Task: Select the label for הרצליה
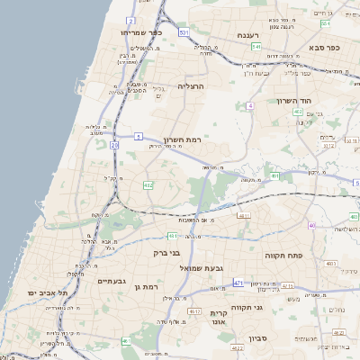pyautogui.click(x=192, y=85)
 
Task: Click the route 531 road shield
pyautogui.click(x=184, y=32)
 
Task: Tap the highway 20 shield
pyautogui.click(x=114, y=144)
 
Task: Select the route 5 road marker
pyautogui.click(x=139, y=136)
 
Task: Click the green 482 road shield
pyautogui.click(x=148, y=184)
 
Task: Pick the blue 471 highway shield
pyautogui.click(x=238, y=283)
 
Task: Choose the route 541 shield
pyautogui.click(x=256, y=47)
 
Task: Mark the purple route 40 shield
pyautogui.click(x=311, y=225)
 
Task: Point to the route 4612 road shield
pyautogui.click(x=194, y=311)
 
